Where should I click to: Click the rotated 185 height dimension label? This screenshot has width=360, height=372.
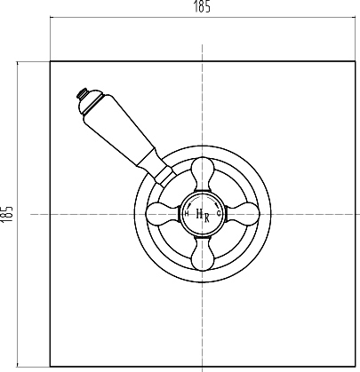[x=8, y=213]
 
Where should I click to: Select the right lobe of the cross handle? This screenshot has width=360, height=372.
[x=248, y=213]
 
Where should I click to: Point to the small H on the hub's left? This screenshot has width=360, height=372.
[x=186, y=213]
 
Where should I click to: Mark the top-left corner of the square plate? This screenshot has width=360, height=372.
[x=50, y=60]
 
